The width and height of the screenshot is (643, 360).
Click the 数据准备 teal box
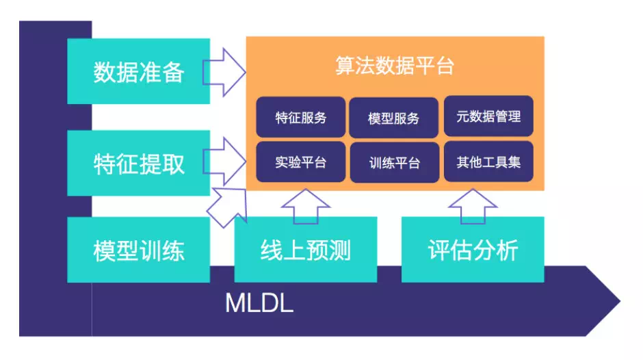138,72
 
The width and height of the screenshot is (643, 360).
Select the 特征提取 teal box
138,164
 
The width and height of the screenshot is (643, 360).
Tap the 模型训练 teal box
138,250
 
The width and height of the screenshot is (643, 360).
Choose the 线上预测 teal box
305,250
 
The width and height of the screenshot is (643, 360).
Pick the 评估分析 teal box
473,250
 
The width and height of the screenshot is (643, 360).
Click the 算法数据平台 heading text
395,66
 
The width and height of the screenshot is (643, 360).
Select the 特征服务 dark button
301,117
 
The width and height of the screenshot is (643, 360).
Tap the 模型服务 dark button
394,117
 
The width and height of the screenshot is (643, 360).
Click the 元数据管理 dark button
488,116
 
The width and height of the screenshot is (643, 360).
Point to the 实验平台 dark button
301,162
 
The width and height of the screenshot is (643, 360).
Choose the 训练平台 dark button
394,163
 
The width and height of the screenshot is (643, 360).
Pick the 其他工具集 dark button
488,162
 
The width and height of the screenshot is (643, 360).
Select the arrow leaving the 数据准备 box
227,71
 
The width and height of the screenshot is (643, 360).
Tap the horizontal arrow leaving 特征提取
227,159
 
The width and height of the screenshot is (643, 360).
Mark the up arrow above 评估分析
473,205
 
